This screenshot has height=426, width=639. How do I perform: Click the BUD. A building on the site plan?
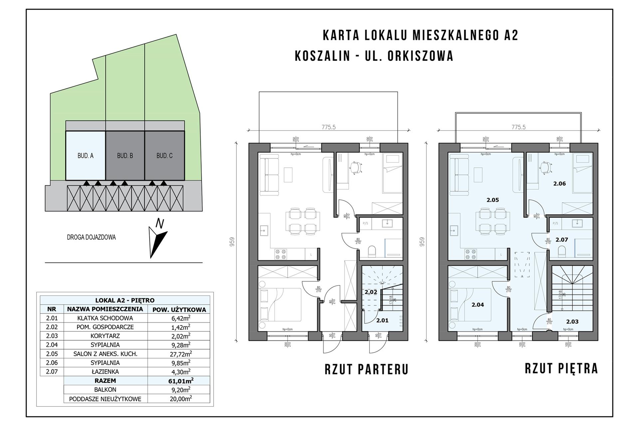tap(86, 155)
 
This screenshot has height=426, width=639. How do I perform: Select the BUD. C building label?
tap(164, 155)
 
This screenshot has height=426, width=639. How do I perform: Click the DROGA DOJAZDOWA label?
tap(91, 237)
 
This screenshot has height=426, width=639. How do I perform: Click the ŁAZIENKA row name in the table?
tap(105, 371)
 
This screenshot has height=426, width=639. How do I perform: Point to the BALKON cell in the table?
tap(105, 389)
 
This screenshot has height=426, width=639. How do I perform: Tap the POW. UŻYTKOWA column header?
tap(179, 310)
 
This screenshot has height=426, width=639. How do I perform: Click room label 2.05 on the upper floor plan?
tap(493, 200)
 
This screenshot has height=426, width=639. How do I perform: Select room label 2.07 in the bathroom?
tap(562, 240)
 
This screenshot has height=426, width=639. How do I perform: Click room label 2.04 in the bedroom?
tap(478, 305)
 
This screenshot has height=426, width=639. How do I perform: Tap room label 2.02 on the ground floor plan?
tap(371, 292)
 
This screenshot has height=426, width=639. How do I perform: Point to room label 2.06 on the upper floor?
tap(559, 183)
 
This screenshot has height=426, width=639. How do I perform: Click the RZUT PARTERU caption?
tap(366, 369)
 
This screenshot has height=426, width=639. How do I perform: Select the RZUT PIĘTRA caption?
tap(561, 368)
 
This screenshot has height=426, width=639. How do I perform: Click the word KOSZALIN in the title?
tap(322, 56)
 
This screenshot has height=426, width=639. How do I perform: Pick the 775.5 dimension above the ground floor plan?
tap(328, 127)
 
